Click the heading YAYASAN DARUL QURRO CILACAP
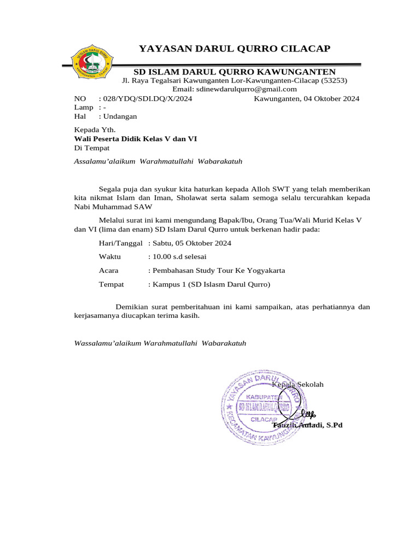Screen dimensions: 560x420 (x=235, y=49)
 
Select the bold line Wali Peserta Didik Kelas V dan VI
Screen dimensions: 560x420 (x=135, y=139)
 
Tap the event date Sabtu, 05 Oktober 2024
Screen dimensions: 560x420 (x=189, y=243)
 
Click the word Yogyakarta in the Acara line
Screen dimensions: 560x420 (x=265, y=271)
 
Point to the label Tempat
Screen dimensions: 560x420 (x=111, y=284)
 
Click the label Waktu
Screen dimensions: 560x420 (x=110, y=256)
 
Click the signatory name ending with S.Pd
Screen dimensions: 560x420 (x=307, y=425)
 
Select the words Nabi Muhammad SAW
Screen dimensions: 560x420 (x=113, y=207)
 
